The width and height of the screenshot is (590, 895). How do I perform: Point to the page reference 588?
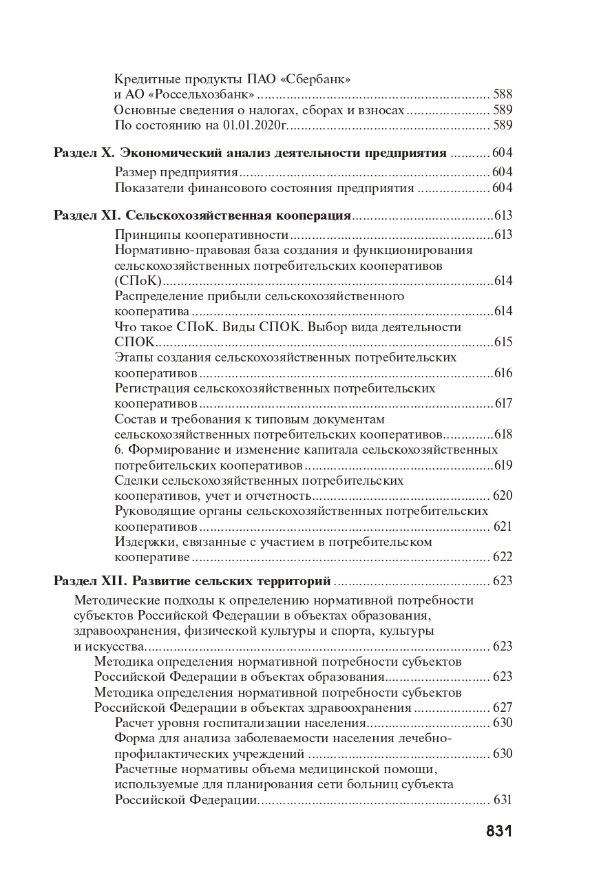503,94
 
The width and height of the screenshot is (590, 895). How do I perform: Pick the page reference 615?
503,341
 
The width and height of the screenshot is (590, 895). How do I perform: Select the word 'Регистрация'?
153,388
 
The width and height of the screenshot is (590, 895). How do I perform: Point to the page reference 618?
503,434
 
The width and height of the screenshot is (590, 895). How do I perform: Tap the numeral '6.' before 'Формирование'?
119,450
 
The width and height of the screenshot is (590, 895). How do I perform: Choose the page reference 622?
503,557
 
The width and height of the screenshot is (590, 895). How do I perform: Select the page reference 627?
503,707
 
